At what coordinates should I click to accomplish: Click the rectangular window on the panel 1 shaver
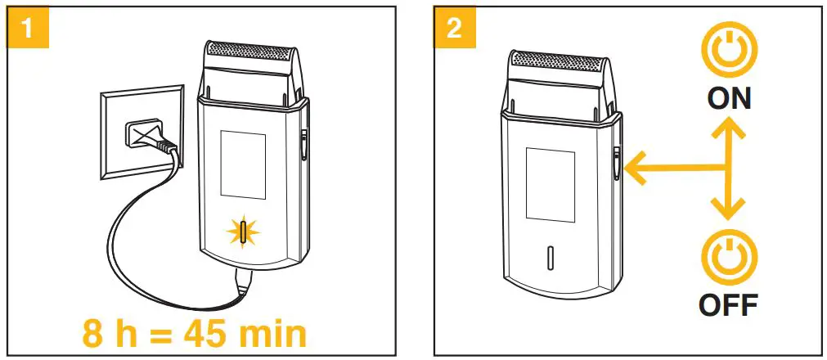[243, 165]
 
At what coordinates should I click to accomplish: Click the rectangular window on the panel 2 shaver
[551, 185]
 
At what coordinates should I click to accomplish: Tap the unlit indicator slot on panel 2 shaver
[551, 257]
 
